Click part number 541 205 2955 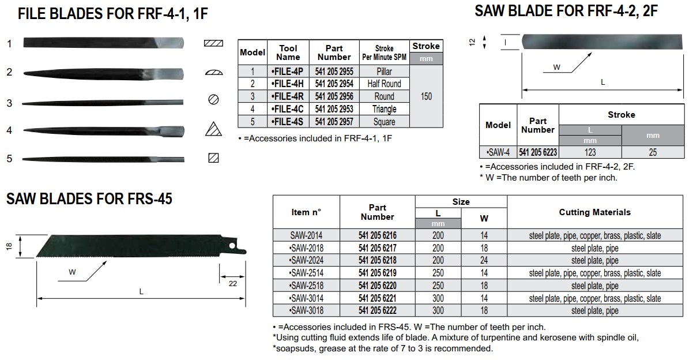[x=334, y=72]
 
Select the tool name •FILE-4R [x=288, y=96]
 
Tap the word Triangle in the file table [x=384, y=109]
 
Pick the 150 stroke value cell [x=426, y=96]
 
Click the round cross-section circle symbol [x=213, y=99]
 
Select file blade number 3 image [x=103, y=103]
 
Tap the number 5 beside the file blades [x=9, y=159]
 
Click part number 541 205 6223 [x=538, y=152]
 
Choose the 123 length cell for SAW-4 [x=590, y=152]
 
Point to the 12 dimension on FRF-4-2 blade [x=472, y=42]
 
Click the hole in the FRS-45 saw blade [x=232, y=246]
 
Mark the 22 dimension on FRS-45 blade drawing [x=233, y=283]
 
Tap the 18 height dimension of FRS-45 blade [x=9, y=246]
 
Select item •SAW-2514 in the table [x=306, y=273]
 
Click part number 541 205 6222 [x=378, y=310]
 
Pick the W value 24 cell [x=484, y=260]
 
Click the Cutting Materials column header [x=594, y=212]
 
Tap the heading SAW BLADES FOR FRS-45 [x=89, y=198]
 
